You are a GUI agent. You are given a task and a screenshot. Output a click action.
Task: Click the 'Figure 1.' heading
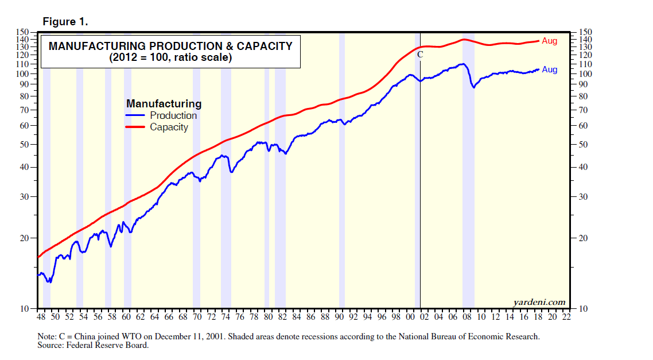pyautogui.click(x=65, y=22)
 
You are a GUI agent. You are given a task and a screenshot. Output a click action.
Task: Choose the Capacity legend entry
pyautogui.click(x=169, y=127)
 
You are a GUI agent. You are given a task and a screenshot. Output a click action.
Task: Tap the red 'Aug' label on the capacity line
pyautogui.click(x=549, y=41)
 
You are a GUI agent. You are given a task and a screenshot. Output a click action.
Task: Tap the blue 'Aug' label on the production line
pyautogui.click(x=549, y=69)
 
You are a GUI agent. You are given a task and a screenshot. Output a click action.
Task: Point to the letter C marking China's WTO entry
pyautogui.click(x=419, y=55)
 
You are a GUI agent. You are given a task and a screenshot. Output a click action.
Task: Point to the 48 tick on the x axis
pyautogui.click(x=41, y=317)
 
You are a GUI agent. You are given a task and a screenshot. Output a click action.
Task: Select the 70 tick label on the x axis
pyautogui.click(x=197, y=317)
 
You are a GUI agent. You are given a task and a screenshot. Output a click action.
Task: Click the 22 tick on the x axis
pyautogui.click(x=567, y=317)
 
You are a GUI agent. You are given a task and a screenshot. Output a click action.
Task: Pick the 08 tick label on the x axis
pyautogui.click(x=467, y=317)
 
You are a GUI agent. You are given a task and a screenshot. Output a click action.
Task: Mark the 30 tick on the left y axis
pyautogui.click(x=24, y=197)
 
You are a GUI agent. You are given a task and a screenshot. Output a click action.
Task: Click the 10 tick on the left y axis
pyautogui.click(x=24, y=309)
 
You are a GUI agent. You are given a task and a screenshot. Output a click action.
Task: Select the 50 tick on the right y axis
pyautogui.click(x=585, y=144)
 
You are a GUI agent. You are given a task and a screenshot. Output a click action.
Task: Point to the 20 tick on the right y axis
pyautogui.click(x=585, y=238)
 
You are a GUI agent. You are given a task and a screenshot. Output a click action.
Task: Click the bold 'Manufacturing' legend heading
pyautogui.click(x=164, y=104)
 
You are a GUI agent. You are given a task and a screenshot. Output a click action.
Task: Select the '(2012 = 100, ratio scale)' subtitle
pyautogui.click(x=170, y=58)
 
